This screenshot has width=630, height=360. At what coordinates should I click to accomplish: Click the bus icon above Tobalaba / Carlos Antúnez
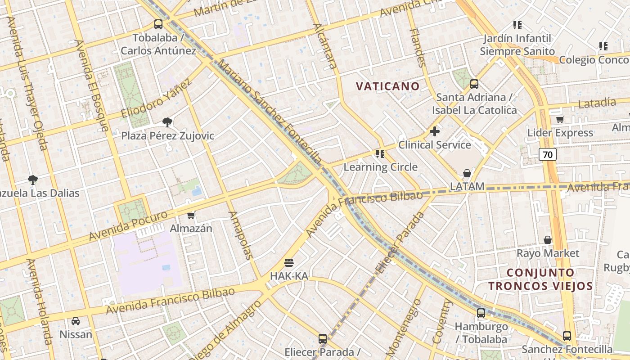click(158, 24)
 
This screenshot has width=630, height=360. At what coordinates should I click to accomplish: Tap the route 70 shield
click(547, 155)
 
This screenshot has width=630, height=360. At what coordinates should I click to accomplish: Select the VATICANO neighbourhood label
click(388, 86)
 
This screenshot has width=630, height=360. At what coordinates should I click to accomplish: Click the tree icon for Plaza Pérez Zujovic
click(167, 122)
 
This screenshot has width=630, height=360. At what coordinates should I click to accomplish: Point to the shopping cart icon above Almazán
click(191, 215)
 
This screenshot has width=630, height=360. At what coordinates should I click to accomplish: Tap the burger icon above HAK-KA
click(289, 262)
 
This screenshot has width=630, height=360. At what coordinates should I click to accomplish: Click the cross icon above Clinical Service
click(435, 131)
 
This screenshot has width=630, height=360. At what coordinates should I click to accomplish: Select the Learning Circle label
click(381, 167)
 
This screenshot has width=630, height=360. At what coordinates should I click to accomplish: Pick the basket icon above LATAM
click(467, 173)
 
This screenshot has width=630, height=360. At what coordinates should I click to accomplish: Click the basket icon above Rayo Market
click(548, 240)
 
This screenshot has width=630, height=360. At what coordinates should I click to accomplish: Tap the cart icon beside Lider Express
click(560, 119)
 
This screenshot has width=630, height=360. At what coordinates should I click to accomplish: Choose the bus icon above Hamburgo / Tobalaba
click(481, 313)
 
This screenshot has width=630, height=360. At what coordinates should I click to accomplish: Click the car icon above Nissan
click(76, 321)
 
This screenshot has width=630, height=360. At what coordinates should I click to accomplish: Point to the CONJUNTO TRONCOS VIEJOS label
click(540, 279)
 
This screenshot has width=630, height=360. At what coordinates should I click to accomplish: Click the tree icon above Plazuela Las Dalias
click(32, 180)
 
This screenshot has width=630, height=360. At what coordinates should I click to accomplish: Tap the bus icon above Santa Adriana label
click(474, 84)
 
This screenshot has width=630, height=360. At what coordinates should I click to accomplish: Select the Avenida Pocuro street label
click(128, 225)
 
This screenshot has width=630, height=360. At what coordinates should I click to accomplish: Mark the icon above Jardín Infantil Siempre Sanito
click(517, 25)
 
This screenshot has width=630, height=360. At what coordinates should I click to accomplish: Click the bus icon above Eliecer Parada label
click(322, 338)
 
